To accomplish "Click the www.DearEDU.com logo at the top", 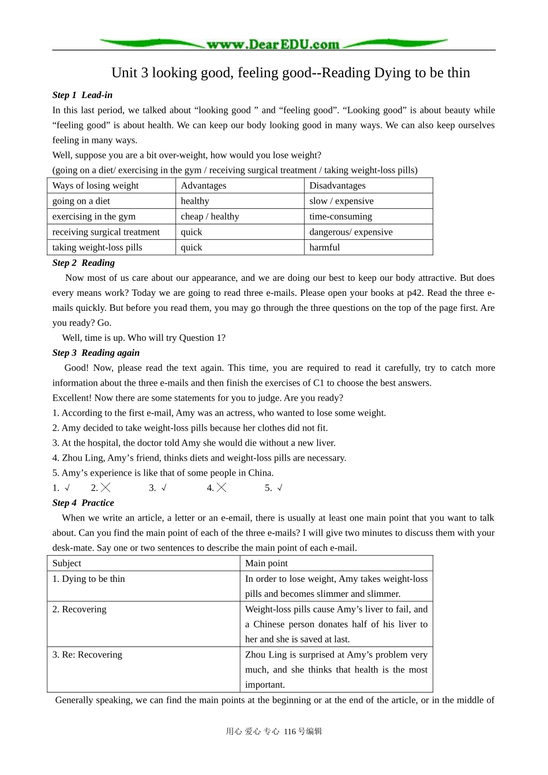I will click(273, 44).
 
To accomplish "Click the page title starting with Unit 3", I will click(291, 73).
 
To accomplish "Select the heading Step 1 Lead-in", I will click(82, 95).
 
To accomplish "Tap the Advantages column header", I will click(204, 186).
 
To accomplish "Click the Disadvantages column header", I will click(337, 186).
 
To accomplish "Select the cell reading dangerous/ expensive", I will click(351, 232).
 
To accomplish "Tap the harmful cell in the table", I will click(325, 247).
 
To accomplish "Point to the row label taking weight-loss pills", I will click(97, 247).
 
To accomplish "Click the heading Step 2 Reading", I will click(84, 263).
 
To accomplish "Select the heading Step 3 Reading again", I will click(96, 353).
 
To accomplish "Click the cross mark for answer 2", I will click(106, 488).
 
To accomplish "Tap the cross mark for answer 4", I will click(222, 488).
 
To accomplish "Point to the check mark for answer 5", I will click(280, 488).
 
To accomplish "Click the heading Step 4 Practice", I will click(83, 503).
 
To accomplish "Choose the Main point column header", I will click(267, 563).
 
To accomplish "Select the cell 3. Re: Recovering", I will click(88, 655).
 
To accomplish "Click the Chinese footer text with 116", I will click(274, 731).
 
